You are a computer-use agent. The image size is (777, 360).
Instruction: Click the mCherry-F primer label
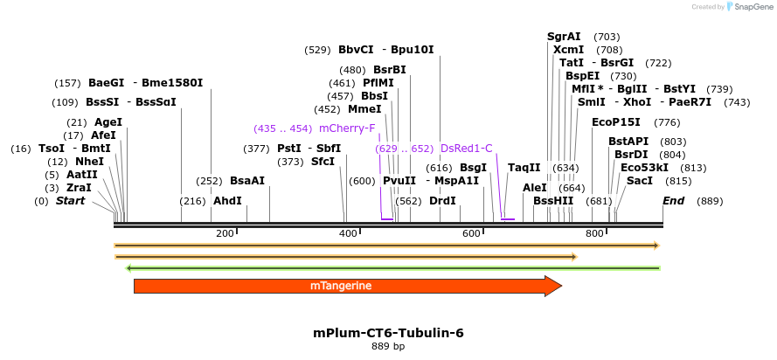[347, 128]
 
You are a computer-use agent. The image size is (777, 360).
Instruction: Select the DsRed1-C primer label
[467, 149]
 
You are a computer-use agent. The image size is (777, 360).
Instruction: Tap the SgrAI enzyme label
[564, 37]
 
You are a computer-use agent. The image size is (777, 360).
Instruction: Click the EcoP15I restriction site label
[616, 122]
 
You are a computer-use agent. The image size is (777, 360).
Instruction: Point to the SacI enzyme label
[640, 181]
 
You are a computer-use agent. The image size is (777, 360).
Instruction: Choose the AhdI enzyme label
[227, 200]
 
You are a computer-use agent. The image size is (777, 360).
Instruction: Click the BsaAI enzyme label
[247, 181]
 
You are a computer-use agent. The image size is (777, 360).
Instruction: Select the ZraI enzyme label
[79, 187]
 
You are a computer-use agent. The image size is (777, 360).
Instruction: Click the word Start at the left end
[71, 201]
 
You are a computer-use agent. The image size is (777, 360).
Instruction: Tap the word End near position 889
[673, 201]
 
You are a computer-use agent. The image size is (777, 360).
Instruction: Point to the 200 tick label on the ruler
[225, 233]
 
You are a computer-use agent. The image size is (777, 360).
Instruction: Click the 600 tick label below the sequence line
[472, 233]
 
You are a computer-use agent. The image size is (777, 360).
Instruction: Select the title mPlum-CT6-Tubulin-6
[388, 333]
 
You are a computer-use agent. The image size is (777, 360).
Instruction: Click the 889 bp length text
[388, 347]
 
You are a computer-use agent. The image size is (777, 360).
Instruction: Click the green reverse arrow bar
[393, 267]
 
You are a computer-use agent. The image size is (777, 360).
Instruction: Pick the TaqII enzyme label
[524, 168]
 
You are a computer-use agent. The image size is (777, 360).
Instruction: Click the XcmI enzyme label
[568, 50]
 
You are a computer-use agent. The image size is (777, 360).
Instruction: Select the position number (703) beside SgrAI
[607, 37]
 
